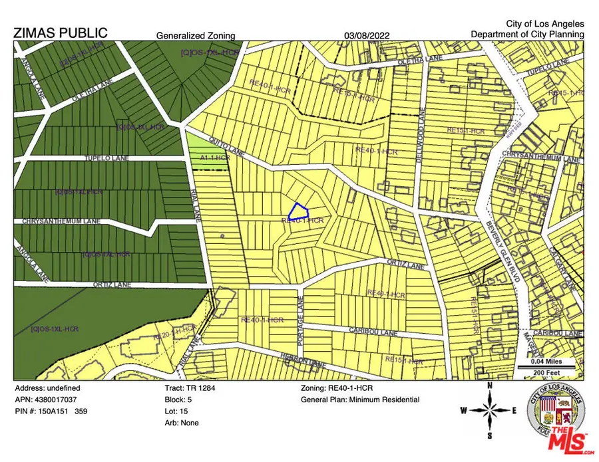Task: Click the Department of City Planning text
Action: (527, 34)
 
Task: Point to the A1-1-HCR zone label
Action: (215, 158)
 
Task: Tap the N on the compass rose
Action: (490, 384)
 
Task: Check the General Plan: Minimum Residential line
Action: (359, 400)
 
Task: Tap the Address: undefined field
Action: (49, 388)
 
